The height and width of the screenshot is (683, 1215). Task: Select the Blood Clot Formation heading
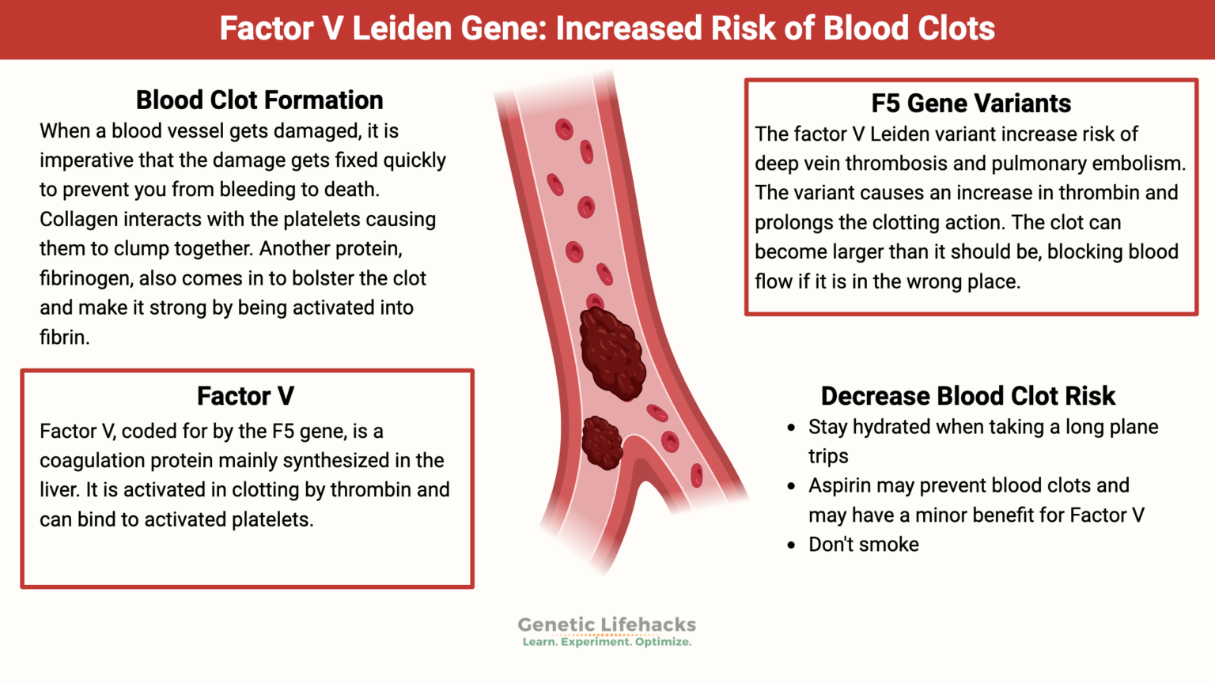tap(259, 100)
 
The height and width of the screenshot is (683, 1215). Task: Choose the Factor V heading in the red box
tap(245, 395)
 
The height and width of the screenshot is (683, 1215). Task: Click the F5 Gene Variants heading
tap(971, 104)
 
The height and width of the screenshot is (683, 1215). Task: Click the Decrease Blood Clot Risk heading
tap(967, 395)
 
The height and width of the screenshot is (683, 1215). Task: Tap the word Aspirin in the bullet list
tap(840, 485)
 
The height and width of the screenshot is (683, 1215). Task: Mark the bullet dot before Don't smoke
tap(791, 545)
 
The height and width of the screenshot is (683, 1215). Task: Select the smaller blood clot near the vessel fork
tap(601, 443)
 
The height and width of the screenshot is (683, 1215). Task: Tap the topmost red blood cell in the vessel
tap(564, 129)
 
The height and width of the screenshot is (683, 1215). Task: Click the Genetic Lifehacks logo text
tap(607, 625)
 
